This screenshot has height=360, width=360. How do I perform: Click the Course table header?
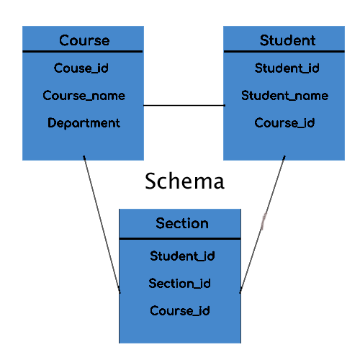pyautogui.click(x=84, y=40)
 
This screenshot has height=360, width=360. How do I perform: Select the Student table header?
pyautogui.click(x=287, y=40)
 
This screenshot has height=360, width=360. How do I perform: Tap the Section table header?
pyautogui.click(x=181, y=223)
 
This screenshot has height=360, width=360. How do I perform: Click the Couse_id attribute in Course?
pyautogui.click(x=81, y=68)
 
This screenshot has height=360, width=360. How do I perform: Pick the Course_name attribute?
pyautogui.click(x=84, y=96)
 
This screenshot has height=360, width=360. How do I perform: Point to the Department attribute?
pyautogui.click(x=84, y=123)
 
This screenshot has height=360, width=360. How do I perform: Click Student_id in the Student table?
pyautogui.click(x=287, y=68)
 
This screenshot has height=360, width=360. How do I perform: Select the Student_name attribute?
pyautogui.click(x=284, y=96)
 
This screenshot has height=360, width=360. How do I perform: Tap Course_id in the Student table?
pyautogui.click(x=284, y=123)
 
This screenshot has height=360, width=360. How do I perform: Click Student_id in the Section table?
pyautogui.click(x=182, y=256)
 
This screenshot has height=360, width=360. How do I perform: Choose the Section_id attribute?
pyautogui.click(x=180, y=283)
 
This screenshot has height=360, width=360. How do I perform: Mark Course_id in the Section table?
pyautogui.click(x=180, y=311)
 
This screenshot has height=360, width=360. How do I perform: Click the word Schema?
pyautogui.click(x=184, y=181)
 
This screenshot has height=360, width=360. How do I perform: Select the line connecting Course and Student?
pyautogui.click(x=184, y=106)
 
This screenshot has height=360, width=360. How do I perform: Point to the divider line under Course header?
pyautogui.click(x=83, y=52)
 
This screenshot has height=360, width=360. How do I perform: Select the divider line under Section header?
pyautogui.click(x=179, y=238)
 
